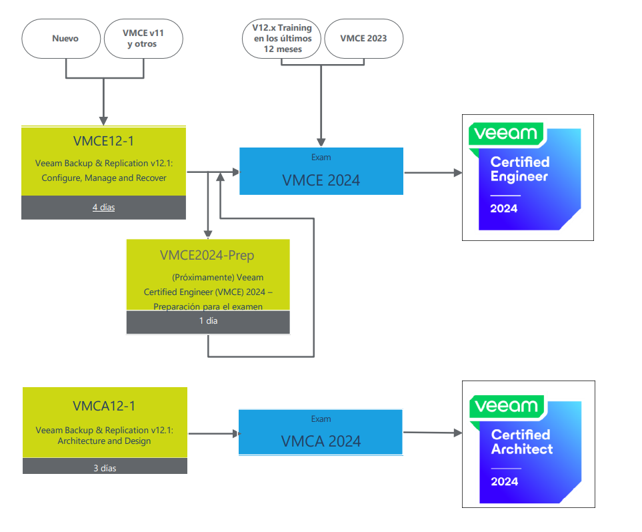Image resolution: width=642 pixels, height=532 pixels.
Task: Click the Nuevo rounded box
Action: [65, 38]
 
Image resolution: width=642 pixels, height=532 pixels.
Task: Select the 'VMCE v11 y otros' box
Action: [143, 38]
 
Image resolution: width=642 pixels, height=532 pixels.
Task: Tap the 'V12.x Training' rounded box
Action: [282, 38]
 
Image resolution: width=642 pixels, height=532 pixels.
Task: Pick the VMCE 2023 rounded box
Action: [363, 38]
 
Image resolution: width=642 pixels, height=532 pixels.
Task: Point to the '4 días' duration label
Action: [103, 208]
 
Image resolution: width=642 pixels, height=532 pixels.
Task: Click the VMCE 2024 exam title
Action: [321, 180]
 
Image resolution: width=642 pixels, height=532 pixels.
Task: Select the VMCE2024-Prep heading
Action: [207, 255]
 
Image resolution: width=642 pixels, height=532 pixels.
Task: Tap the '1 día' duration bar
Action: [208, 321]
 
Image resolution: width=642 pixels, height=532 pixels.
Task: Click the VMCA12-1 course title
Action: [104, 406]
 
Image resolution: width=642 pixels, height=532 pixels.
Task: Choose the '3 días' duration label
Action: [105, 468]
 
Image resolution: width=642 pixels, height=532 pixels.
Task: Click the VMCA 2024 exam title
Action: [321, 441]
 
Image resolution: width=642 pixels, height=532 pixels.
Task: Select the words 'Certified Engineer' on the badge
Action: [519, 169]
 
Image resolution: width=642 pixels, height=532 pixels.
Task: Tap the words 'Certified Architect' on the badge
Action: [522, 442]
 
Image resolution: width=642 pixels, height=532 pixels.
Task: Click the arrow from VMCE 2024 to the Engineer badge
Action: [433, 173]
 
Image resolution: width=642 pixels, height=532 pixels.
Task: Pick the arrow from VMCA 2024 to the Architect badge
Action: [433, 433]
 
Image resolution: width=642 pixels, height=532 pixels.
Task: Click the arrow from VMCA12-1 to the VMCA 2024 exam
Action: [213, 434]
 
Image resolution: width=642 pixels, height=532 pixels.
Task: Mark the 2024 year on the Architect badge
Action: [505, 481]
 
